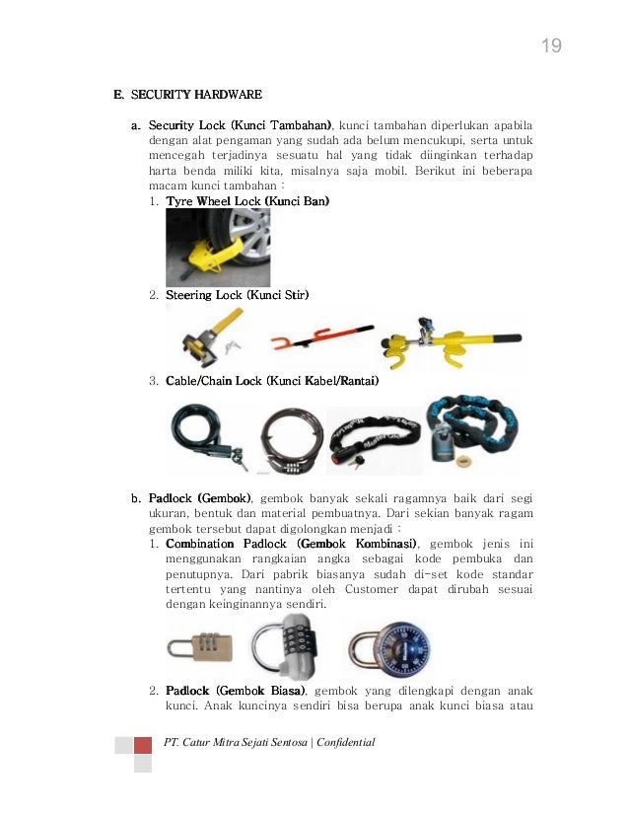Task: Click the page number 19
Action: tap(551, 46)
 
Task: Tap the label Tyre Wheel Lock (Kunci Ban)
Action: tap(247, 201)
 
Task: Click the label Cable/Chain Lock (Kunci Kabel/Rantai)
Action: tap(272, 381)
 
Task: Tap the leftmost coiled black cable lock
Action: tap(205, 437)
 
